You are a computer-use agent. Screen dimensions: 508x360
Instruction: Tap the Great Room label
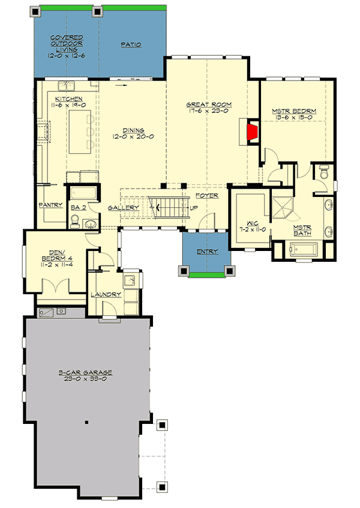click(208, 105)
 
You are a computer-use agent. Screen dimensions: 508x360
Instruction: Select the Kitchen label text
click(68, 98)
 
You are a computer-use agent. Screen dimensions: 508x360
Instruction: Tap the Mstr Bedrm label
click(294, 112)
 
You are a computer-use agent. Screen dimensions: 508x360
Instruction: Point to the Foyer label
click(207, 196)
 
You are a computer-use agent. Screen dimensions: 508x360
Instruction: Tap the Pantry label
click(51, 205)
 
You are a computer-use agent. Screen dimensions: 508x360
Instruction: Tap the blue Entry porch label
click(206, 252)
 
